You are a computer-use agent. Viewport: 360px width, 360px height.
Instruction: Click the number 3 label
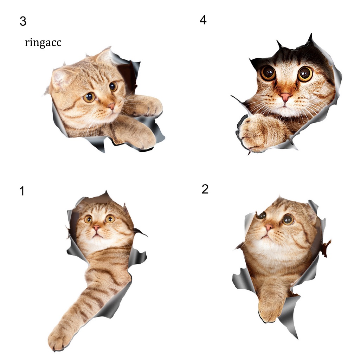pyautogui.click(x=23, y=21)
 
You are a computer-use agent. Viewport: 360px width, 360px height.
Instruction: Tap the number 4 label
pyautogui.click(x=203, y=20)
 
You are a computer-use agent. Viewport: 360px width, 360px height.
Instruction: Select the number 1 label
pyautogui.click(x=22, y=191)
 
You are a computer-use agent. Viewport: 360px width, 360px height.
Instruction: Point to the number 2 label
pyautogui.click(x=205, y=189)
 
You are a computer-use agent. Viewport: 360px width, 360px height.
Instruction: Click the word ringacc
pyautogui.click(x=43, y=43)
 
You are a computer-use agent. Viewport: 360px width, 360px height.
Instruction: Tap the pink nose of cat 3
pyautogui.click(x=111, y=106)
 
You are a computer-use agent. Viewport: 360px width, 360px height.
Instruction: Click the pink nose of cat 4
pyautogui.click(x=285, y=97)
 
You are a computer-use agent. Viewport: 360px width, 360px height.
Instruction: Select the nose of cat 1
pyautogui.click(x=96, y=228)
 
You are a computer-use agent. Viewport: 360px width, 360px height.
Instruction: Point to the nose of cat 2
pyautogui.click(x=268, y=227)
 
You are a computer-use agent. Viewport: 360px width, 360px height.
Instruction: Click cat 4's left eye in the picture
pyautogui.click(x=268, y=73)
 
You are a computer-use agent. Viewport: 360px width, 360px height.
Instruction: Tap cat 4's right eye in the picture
pyautogui.click(x=305, y=74)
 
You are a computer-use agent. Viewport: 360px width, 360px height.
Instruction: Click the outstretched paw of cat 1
pyautogui.click(x=59, y=339)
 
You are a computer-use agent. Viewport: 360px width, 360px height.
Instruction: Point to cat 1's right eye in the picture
pyautogui.click(x=110, y=219)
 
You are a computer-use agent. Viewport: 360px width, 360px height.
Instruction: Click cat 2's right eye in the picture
pyautogui.click(x=288, y=220)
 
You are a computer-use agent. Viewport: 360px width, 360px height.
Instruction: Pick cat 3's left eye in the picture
pyautogui.click(x=89, y=97)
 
